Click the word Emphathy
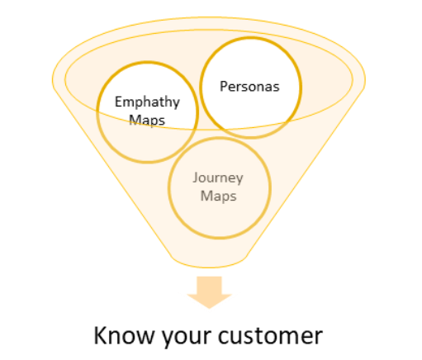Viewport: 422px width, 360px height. click(147, 102)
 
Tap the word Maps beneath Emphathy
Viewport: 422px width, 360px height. click(147, 121)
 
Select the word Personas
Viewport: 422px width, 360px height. click(249, 87)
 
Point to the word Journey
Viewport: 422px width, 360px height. click(218, 178)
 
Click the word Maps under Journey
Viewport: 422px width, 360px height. click(218, 197)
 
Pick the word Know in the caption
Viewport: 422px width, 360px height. click(124, 335)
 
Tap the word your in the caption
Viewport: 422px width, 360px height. click(186, 338)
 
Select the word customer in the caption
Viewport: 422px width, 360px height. click(270, 336)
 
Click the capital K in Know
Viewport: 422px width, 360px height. click(101, 335)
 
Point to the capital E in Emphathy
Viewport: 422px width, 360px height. click(118, 102)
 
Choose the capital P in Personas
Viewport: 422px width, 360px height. click(223, 87)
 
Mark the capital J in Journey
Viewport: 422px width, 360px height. click(195, 178)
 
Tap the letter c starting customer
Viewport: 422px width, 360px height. click(223, 338)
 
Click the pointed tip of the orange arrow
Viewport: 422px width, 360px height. click(209, 308)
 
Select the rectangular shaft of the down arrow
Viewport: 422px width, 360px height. click(209, 286)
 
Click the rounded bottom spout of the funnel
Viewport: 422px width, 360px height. click(209, 262)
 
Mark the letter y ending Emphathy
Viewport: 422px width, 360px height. click(176, 104)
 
